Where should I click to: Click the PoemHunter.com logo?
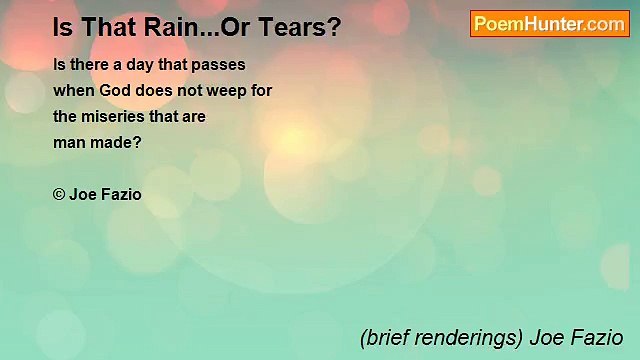(549, 24)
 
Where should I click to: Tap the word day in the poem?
(142, 64)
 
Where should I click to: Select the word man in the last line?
(70, 142)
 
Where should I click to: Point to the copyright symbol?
(59, 194)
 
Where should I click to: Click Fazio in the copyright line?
(121, 194)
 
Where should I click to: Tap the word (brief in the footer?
(384, 337)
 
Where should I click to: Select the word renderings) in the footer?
(471, 337)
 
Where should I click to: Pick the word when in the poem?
(72, 90)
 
